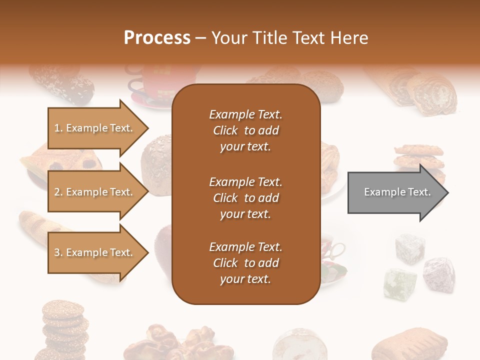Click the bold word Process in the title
(x=157, y=37)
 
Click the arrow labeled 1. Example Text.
(x=95, y=128)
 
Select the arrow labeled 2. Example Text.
(x=95, y=192)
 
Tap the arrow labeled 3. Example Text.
(x=95, y=252)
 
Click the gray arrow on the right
(x=395, y=192)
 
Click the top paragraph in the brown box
(x=245, y=130)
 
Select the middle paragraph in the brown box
(x=245, y=198)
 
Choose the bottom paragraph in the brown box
(x=245, y=263)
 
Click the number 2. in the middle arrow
(x=58, y=192)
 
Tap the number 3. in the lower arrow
(x=58, y=252)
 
